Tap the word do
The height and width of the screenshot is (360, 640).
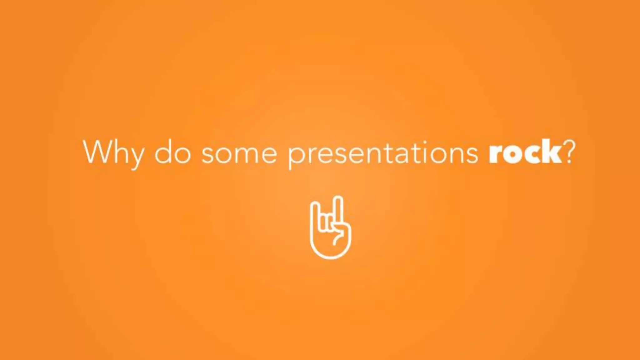[173, 152]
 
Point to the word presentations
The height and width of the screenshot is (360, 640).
[383, 153]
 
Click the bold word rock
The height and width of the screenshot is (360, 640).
[525, 152]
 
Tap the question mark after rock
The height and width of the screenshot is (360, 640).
[569, 151]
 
